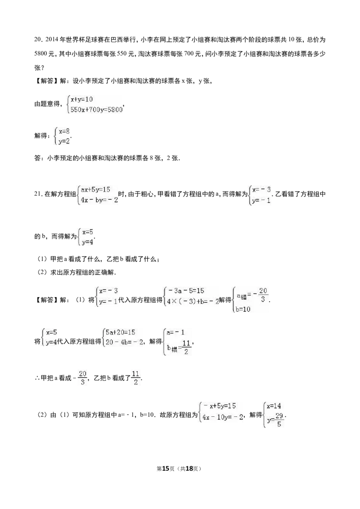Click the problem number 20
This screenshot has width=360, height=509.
(37, 40)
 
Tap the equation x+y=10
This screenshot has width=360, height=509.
(81, 99)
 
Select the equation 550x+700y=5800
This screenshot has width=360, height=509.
(96, 109)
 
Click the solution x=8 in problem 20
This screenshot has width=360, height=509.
(64, 131)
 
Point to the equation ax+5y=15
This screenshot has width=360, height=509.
(95, 189)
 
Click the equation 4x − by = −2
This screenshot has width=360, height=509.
(99, 200)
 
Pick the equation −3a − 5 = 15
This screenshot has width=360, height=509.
(185, 290)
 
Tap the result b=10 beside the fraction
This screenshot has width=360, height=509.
(243, 309)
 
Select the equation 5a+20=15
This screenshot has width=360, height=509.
(120, 332)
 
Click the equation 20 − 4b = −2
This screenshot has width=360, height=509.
(124, 342)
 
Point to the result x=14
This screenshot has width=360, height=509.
(274, 406)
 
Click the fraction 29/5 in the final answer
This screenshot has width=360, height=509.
(279, 420)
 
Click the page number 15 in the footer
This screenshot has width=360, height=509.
(166, 469)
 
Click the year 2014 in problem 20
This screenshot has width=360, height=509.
(51, 40)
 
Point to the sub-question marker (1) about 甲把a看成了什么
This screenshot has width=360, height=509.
(42, 259)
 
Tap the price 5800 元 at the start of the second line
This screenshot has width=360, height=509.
(44, 54)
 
